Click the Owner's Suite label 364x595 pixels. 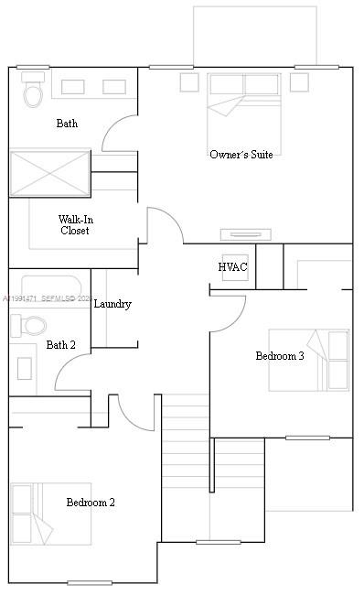[241, 155]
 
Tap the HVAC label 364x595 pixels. [232, 267]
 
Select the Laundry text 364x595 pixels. [112, 304]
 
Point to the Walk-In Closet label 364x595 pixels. [75, 225]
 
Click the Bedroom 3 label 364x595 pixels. [279, 356]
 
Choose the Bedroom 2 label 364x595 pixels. [91, 503]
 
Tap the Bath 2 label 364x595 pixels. [60, 345]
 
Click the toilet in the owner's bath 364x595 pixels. [33, 92]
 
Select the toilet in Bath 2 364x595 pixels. [30, 325]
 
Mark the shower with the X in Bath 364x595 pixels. [49, 173]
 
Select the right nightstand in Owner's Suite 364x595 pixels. [300, 82]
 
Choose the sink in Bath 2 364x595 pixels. [25, 369]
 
